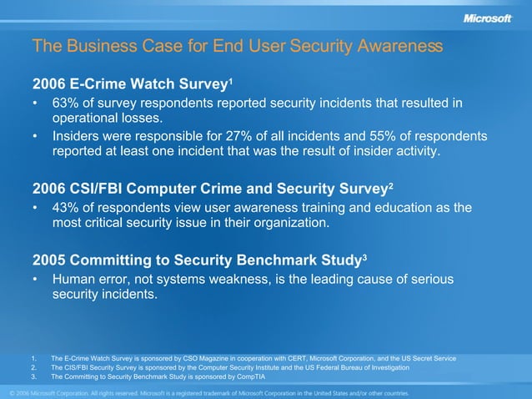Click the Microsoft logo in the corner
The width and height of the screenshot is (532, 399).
pyautogui.click(x=487, y=18)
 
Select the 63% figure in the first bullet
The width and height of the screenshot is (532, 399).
pyautogui.click(x=67, y=103)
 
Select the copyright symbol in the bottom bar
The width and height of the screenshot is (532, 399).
pyautogui.click(x=12, y=392)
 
